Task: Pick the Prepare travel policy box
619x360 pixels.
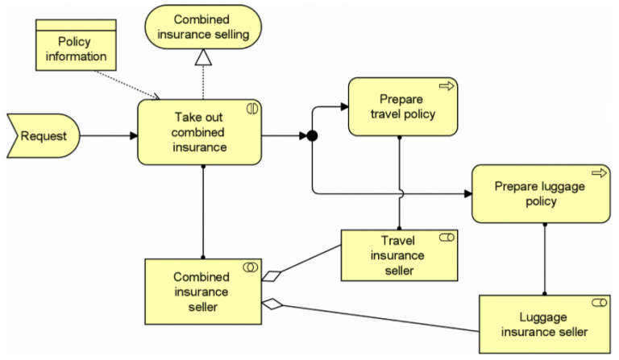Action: (x=402, y=106)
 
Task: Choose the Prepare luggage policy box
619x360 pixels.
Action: (x=540, y=193)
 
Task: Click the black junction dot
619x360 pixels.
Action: (x=313, y=136)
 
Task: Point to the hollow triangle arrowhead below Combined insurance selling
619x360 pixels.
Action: (x=203, y=56)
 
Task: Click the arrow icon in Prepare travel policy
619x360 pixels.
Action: (x=445, y=85)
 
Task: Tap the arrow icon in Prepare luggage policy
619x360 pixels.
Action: (x=598, y=172)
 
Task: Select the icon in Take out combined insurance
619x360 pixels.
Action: (x=251, y=107)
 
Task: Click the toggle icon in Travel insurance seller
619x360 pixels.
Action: (x=446, y=238)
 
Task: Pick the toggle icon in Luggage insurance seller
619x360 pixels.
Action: (x=599, y=302)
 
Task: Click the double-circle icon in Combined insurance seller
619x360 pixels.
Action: (x=251, y=267)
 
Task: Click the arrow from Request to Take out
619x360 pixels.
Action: (x=108, y=135)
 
